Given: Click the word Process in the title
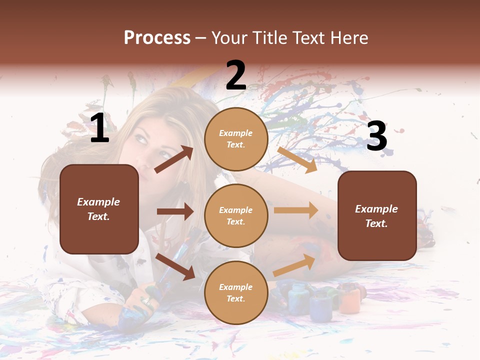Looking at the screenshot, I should pos(157,38).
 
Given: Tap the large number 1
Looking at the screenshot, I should pos(99,128).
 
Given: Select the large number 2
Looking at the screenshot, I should pos(236,75).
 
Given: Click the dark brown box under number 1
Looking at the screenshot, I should pos(99,209).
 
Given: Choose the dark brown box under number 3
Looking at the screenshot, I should pos(377,215).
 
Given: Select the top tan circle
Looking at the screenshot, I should pos(236,139).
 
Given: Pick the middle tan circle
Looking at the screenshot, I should pos(236,215).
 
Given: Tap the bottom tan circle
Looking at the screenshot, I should pos(236,292).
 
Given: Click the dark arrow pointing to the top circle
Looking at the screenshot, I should pos(174,159).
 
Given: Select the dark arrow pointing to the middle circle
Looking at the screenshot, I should pos(175,211).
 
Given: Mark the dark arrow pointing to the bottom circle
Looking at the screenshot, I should pos(175,266).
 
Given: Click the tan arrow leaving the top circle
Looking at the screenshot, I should pos(297,159).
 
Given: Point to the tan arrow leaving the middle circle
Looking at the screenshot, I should pos(296,210).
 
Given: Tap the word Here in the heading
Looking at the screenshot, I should pos(348,38).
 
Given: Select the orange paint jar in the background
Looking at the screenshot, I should pos(350,299).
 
